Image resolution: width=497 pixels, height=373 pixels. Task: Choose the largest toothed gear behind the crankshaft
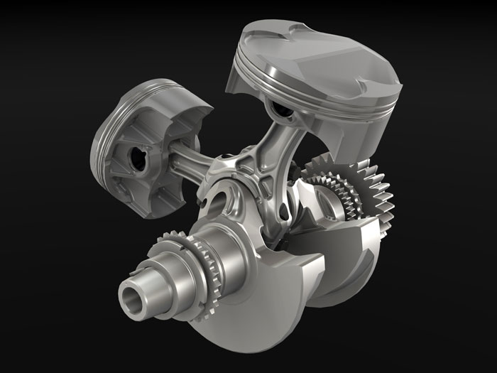[369, 188]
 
